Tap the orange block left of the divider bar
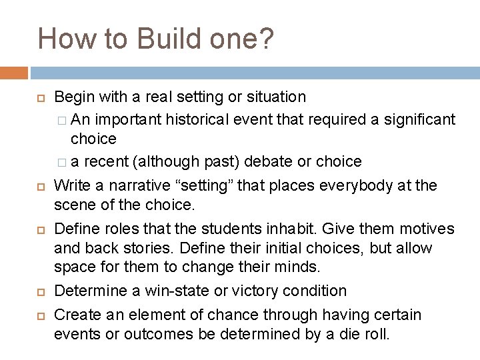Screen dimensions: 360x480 tap(14, 72)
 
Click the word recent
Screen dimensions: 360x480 tap(115, 162)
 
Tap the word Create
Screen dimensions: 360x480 tap(75, 313)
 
